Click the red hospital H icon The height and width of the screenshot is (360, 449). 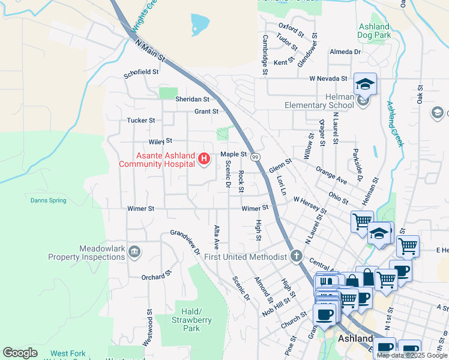(x=204, y=159)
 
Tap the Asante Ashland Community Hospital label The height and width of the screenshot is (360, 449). (x=157, y=160)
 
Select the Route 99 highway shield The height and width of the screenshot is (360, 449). (x=255, y=157)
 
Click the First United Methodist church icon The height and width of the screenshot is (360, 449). (x=295, y=257)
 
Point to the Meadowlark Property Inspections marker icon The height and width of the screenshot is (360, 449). (x=134, y=252)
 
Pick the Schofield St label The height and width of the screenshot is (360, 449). (x=141, y=71)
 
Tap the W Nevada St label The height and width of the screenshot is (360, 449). (x=328, y=79)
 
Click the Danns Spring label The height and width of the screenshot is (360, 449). (x=49, y=200)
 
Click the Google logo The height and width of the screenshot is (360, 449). (x=20, y=353)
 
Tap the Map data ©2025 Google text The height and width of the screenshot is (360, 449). (x=412, y=355)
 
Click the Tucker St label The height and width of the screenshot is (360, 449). (x=141, y=121)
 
